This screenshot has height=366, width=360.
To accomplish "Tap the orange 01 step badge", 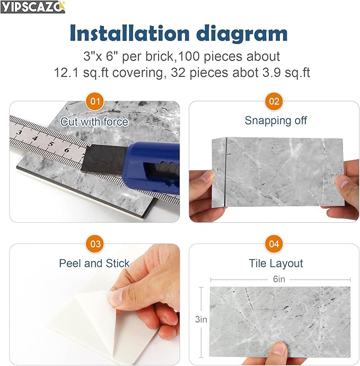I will [95, 101].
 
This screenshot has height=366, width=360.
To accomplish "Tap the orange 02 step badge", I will [275, 101].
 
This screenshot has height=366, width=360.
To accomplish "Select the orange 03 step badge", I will [95, 244].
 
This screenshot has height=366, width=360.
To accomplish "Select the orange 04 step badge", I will [275, 244].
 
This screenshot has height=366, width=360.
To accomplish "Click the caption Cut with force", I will [94, 121].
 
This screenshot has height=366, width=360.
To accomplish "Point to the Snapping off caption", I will [276, 120].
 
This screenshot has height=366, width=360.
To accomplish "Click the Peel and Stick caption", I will [94, 263].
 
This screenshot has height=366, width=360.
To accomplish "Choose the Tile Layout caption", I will [276, 264].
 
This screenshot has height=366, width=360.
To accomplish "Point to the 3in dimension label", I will [201, 319].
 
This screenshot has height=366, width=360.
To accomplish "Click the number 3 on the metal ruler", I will [20, 133].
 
